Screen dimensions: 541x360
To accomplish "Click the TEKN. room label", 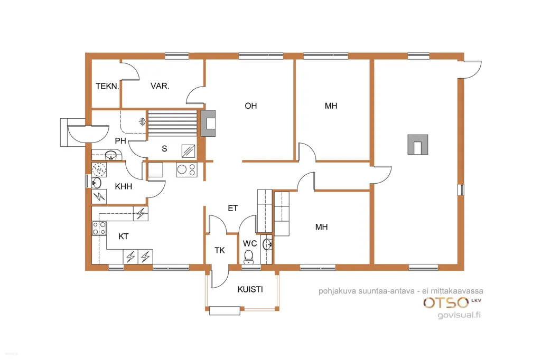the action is pos(107,86).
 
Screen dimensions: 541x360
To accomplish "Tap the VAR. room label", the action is pos(160,86).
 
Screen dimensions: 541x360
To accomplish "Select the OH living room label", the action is pos(251,106).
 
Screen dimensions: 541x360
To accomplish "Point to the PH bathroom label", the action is pos(120,141).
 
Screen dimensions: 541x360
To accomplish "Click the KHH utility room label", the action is pos(124,186).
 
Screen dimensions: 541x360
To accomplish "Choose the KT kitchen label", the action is pos(124,236).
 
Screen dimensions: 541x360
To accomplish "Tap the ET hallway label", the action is pos(233,209).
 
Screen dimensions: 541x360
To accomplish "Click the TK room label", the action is pos(220,250).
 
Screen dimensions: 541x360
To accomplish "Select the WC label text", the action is pos(250,243).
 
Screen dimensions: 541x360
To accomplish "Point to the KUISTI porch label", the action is pos(250,289).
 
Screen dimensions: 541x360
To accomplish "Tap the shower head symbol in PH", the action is pos(142,121).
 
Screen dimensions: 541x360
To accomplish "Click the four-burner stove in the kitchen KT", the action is pos(99,228).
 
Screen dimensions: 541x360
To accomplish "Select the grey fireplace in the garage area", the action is pos(418,145).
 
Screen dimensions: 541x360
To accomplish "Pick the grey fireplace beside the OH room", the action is pos(208,123).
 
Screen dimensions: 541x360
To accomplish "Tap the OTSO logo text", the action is pos(446,303).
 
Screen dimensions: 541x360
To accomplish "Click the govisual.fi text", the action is pos(459,315).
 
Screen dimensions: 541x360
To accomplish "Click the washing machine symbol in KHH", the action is pos(99,169).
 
